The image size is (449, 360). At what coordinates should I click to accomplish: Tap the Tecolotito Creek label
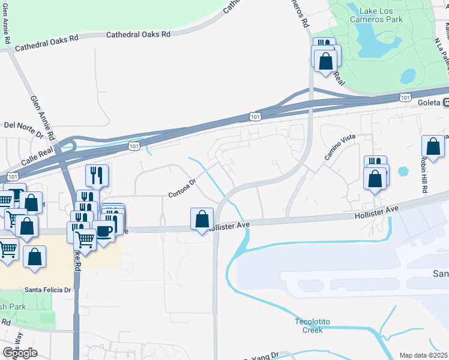pyautogui.click(x=309, y=326)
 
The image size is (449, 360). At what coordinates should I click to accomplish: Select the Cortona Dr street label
pyautogui.click(x=182, y=188)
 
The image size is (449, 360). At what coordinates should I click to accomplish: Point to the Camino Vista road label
pyautogui.click(x=340, y=148)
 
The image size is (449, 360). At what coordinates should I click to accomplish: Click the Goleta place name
pyautogui.click(x=429, y=103)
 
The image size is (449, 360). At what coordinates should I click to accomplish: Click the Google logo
pyautogui.click(x=20, y=353)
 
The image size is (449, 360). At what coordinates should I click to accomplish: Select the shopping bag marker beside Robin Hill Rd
pyautogui.click(x=433, y=147)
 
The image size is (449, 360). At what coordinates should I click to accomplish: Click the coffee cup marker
pyautogui.click(x=103, y=231)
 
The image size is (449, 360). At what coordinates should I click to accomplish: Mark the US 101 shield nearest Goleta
pyautogui.click(x=406, y=97)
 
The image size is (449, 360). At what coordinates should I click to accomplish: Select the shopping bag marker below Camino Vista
pyautogui.click(x=375, y=179)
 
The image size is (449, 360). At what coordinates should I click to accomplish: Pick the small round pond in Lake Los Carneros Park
pyautogui.click(x=408, y=76)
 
